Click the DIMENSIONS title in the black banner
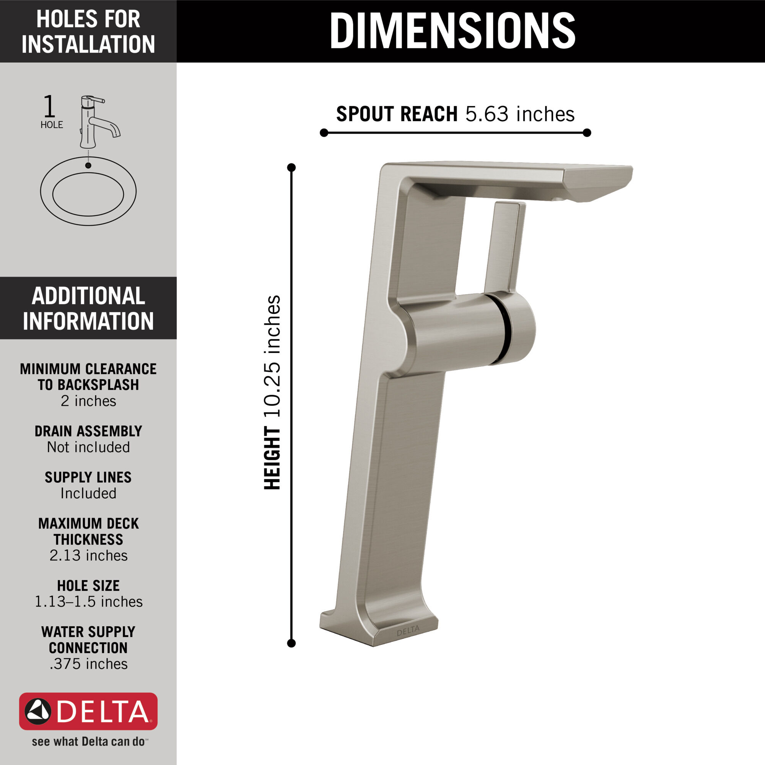pos(452,31)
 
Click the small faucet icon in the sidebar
pos(98,122)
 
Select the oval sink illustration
pos(88,191)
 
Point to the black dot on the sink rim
pos(88,165)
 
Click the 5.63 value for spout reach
pos(487,114)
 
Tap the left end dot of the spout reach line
pos(324,133)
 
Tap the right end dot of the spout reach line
pos(587,133)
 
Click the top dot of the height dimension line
pos(291,167)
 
